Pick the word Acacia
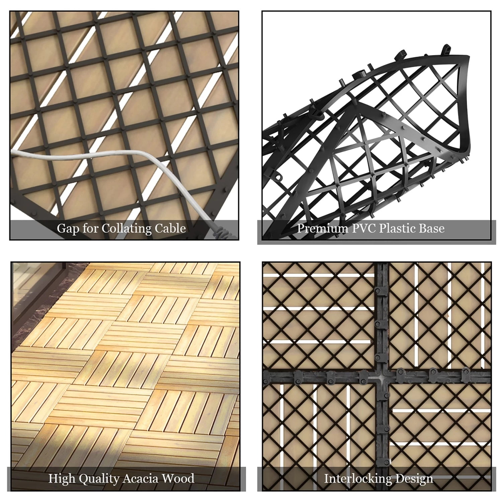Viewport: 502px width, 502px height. (140, 479)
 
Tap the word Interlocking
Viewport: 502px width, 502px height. (358, 479)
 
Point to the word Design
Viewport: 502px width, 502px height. (414, 479)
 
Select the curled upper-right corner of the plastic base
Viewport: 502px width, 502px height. (464, 64)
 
